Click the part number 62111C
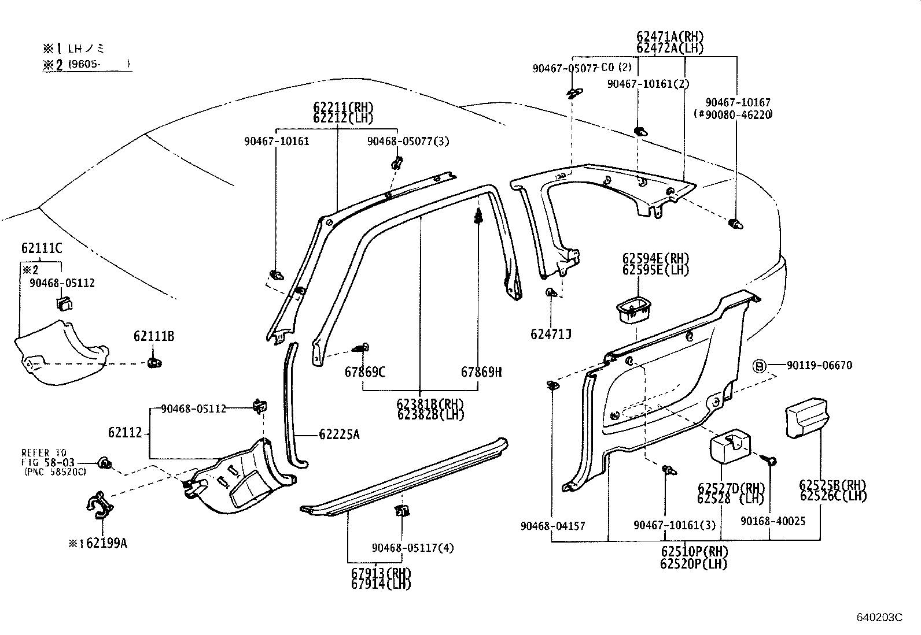pos(42,248)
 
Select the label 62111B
pos(154,336)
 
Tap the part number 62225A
pos(339,435)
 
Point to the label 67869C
pos(365,372)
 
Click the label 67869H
pos(481,372)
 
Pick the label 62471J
pos(551,334)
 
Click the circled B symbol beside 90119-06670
pos(760,366)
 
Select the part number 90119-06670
pos(819,366)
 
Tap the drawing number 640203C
pos(879,617)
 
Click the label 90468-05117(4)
pos(413,548)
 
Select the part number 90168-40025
pos(773,522)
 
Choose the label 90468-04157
pos(552,526)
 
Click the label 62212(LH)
pos(343,118)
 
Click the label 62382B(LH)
pos(430,414)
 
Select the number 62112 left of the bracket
pos(124,432)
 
